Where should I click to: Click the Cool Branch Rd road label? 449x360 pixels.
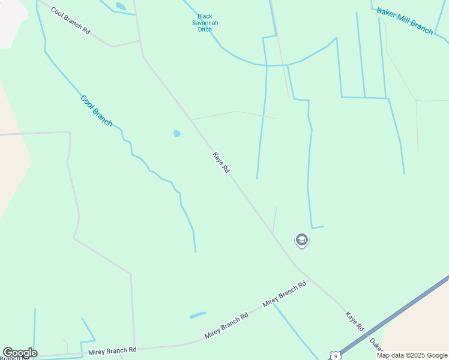(70, 20)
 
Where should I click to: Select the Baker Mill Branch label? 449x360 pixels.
(405, 21)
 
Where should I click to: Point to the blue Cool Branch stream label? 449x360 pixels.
(96, 110)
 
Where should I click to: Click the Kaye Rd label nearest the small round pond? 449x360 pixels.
(221, 163)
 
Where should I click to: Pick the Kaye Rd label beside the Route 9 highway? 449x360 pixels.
(355, 322)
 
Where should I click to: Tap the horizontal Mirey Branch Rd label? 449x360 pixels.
(112, 350)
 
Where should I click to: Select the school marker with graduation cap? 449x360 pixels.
(302, 241)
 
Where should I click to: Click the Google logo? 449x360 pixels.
(20, 353)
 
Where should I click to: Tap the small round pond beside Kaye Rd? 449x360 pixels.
(176, 133)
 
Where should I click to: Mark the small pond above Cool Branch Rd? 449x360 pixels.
(121, 6)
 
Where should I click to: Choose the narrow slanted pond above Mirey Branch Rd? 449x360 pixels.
(197, 314)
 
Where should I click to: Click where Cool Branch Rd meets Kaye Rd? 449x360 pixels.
(140, 41)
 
